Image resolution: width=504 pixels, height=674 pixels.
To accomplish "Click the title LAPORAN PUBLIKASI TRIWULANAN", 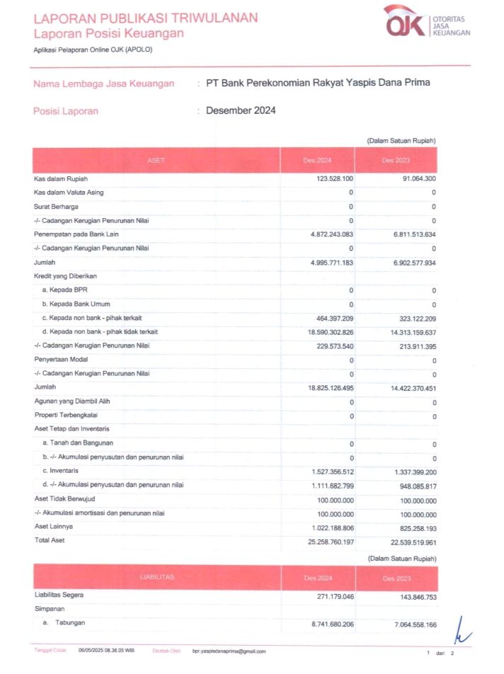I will tap(146, 18).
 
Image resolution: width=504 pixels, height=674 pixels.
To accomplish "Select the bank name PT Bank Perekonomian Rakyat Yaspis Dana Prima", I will tap(318, 83).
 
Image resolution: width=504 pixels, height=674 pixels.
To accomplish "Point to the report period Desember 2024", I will tap(241, 110).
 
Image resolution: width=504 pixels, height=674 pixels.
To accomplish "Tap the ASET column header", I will tap(156, 160).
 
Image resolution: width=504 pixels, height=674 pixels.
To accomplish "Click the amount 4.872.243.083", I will tap(322, 234).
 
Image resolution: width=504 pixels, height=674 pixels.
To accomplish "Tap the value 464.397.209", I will tap(327, 318).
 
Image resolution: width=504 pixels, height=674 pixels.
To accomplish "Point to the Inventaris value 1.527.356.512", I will tap(322, 471).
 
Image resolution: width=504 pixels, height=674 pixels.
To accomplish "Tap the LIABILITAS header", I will tap(156, 578).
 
